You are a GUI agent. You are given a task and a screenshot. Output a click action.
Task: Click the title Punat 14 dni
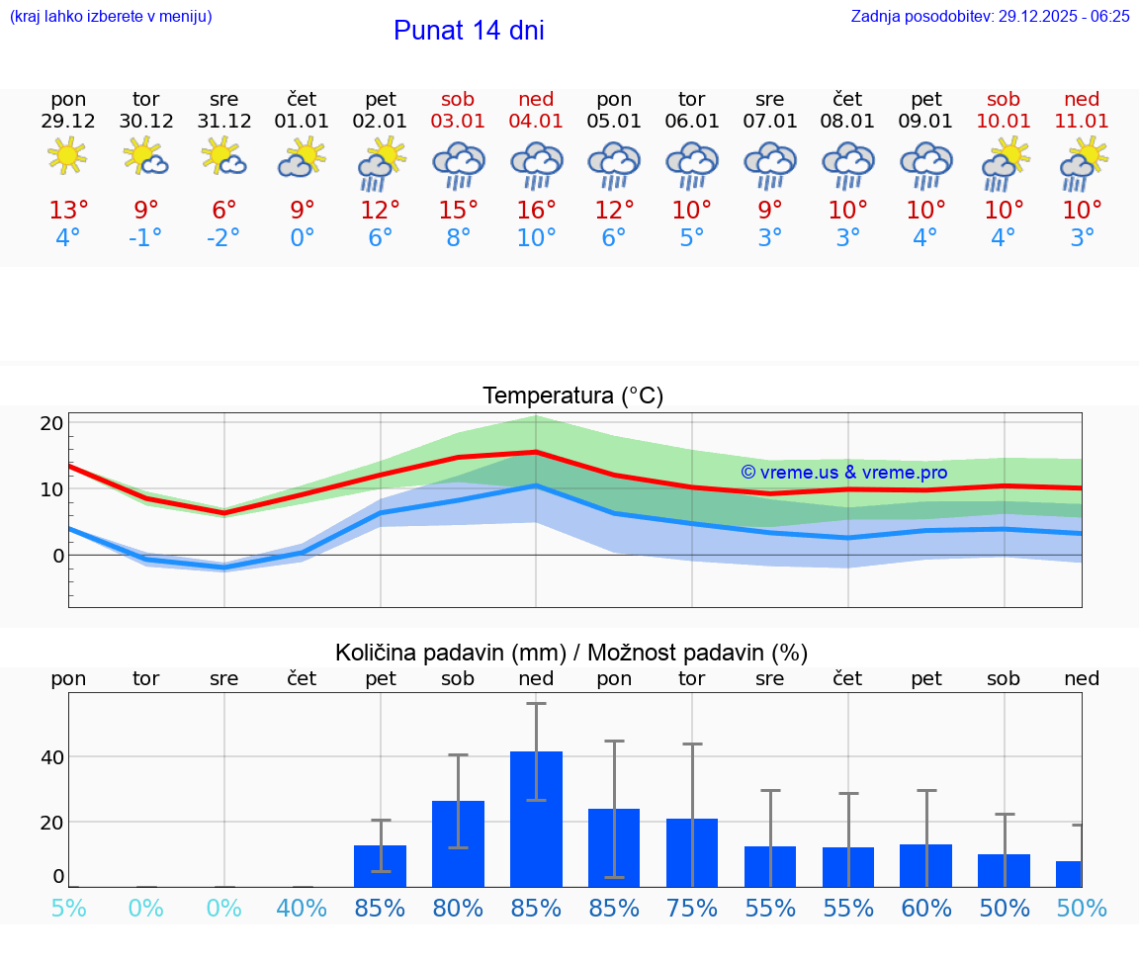469,31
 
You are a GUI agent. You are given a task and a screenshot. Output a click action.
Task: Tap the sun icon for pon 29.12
67,156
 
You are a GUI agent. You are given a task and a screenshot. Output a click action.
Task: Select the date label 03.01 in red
458,121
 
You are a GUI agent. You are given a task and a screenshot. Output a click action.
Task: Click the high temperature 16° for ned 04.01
536,210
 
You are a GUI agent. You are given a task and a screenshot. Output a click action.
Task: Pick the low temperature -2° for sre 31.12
223,237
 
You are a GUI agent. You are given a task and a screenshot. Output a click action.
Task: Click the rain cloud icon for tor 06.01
691,164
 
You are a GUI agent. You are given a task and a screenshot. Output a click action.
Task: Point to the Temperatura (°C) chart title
572,395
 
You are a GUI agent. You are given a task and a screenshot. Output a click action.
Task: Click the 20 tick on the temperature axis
51,423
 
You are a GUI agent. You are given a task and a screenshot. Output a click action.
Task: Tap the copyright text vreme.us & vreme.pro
843,473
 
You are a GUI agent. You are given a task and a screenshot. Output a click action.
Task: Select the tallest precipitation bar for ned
536,818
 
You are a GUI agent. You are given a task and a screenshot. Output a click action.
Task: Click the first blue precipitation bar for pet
380,865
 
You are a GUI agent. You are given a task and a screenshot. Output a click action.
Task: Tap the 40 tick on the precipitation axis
51,757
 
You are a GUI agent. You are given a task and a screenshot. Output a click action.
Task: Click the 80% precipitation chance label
458,908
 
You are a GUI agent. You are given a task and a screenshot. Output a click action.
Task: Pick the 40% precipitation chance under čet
302,908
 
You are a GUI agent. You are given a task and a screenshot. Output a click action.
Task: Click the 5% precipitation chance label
68,908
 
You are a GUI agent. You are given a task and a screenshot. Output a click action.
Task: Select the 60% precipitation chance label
925,908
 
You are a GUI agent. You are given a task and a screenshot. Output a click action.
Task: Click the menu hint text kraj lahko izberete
110,16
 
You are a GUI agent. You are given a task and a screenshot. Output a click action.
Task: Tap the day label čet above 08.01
847,99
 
